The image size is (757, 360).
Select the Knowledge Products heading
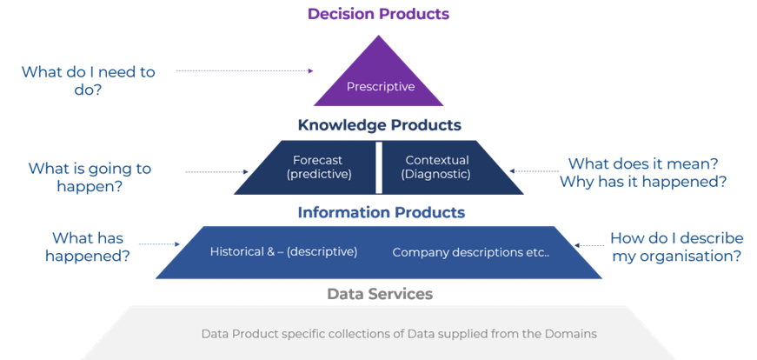point(379,125)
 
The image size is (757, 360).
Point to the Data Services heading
point(380,294)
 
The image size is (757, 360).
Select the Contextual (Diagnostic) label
point(436,167)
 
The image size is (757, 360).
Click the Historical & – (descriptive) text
point(283,251)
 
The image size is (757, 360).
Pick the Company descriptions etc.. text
point(471,252)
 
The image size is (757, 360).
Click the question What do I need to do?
point(88,81)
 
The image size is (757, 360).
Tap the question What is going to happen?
point(90,177)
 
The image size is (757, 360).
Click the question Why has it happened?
point(642,182)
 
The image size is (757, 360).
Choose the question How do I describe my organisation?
point(675,247)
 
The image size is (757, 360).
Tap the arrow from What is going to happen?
point(216,172)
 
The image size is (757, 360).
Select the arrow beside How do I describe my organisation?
point(590,246)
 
